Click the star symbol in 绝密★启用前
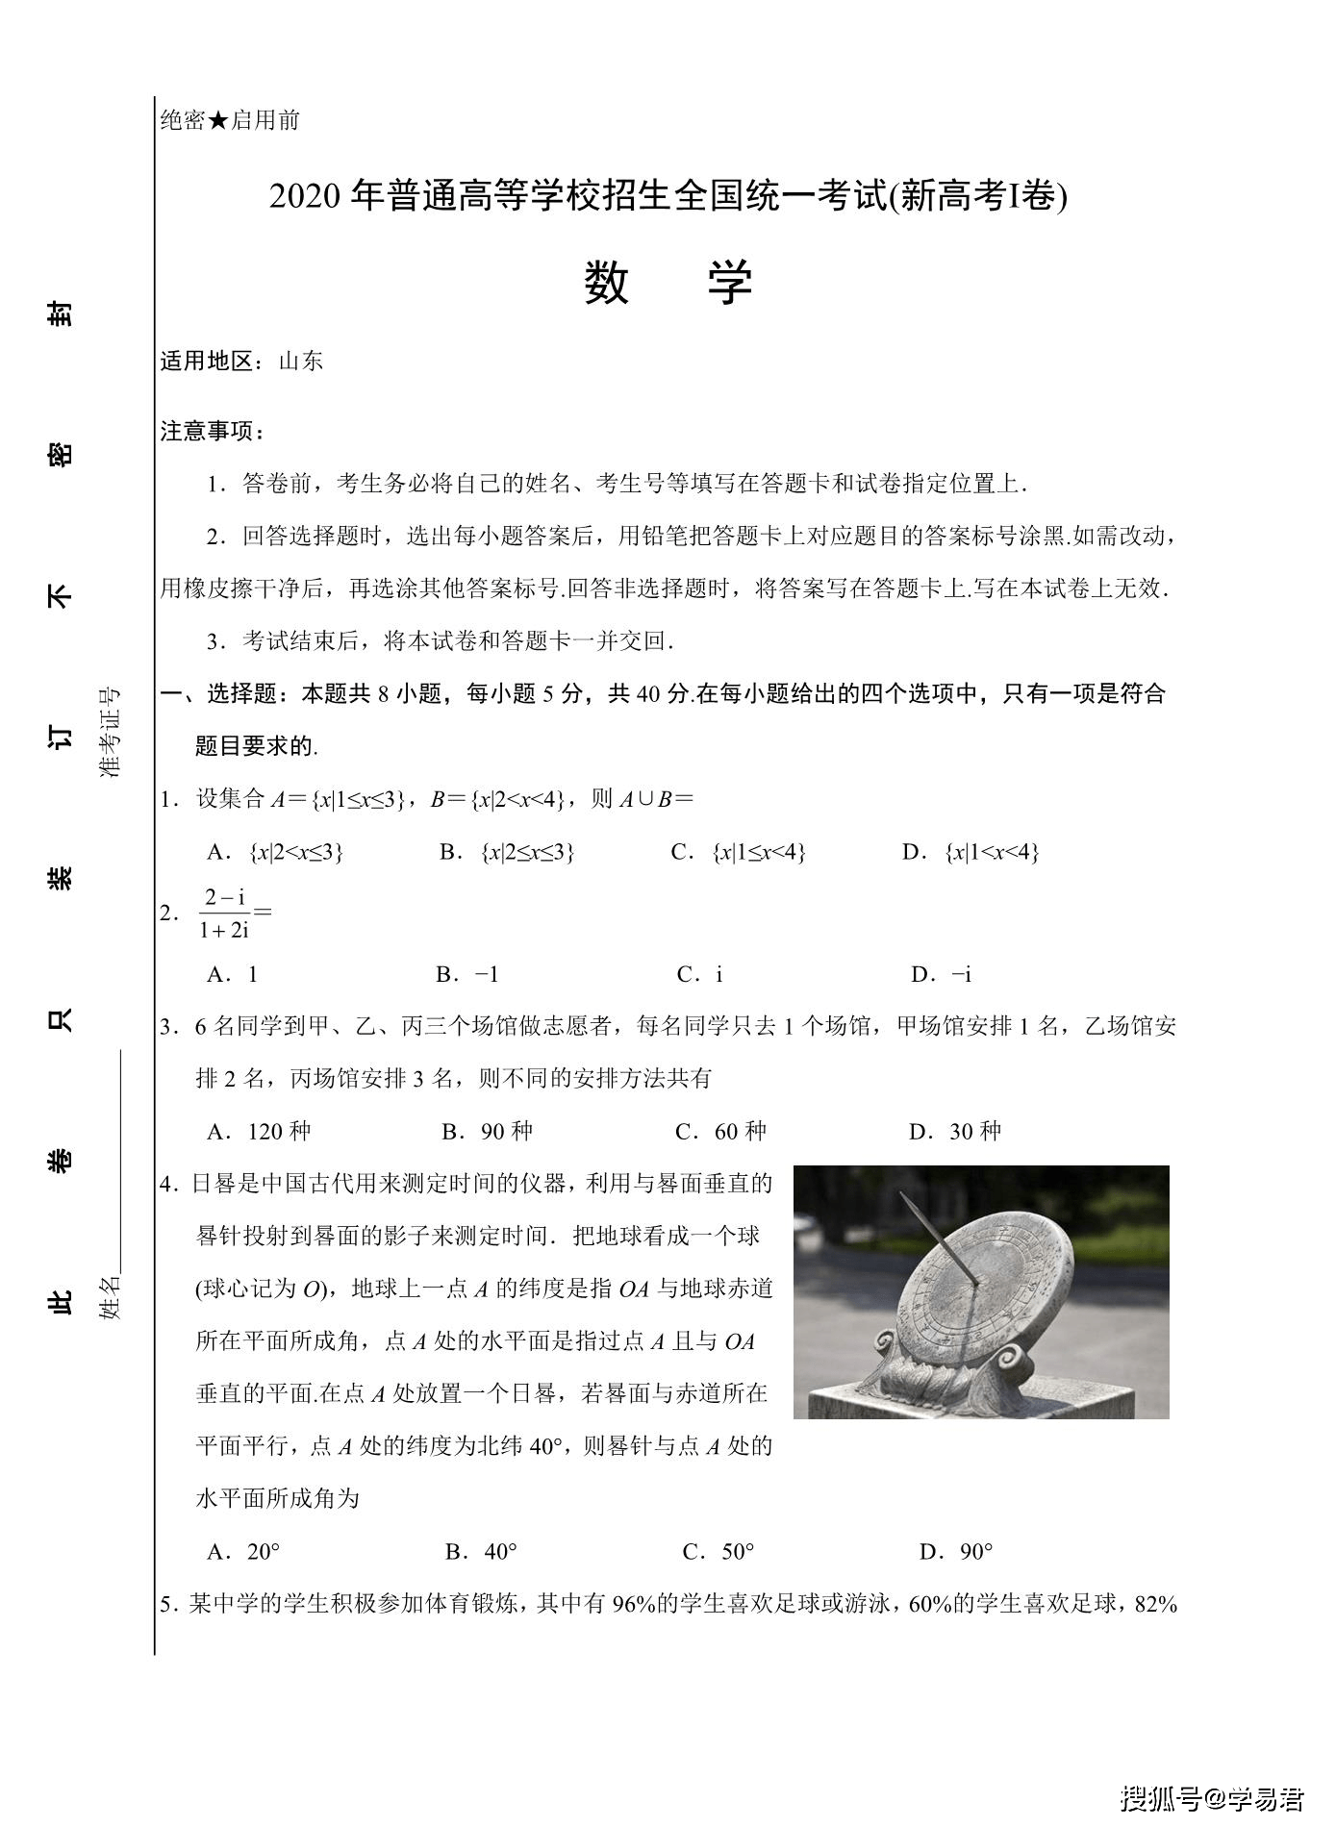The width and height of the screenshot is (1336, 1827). [x=218, y=120]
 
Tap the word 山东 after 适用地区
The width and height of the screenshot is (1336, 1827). [x=301, y=362]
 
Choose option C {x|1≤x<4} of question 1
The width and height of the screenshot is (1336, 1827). [x=739, y=852]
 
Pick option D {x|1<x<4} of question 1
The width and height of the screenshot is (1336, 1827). [x=971, y=852]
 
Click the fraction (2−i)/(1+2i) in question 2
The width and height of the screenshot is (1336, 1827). [x=225, y=913]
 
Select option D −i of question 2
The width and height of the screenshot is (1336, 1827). [x=942, y=974]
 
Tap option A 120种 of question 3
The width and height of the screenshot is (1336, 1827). [x=260, y=1132]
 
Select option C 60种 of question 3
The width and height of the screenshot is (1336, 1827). [x=721, y=1132]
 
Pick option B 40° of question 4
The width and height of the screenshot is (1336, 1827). [x=482, y=1551]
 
